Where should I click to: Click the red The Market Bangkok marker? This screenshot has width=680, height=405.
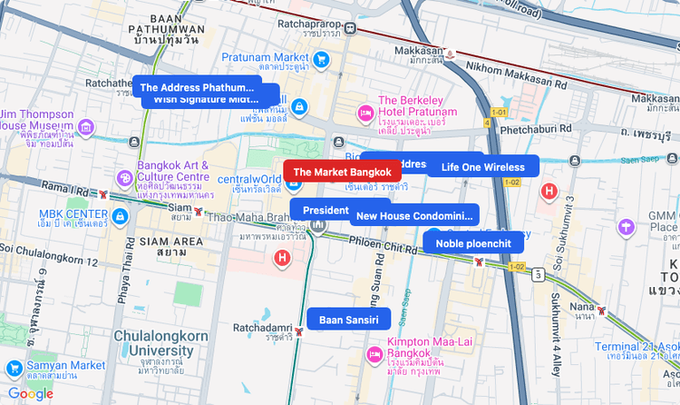coord(342,171)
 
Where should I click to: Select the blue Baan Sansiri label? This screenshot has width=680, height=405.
coord(349,319)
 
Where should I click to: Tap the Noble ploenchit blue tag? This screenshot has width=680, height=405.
coord(473,242)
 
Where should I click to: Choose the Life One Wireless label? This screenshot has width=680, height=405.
coord(483,166)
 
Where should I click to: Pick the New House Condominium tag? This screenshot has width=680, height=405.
coord(414,216)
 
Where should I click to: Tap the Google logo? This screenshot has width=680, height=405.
coord(31,393)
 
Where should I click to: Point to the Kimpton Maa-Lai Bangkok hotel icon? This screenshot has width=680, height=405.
coord(373,351)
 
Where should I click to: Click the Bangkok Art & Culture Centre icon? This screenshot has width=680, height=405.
coord(124,177)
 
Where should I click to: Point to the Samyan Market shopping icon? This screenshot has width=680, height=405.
coord(14,369)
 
